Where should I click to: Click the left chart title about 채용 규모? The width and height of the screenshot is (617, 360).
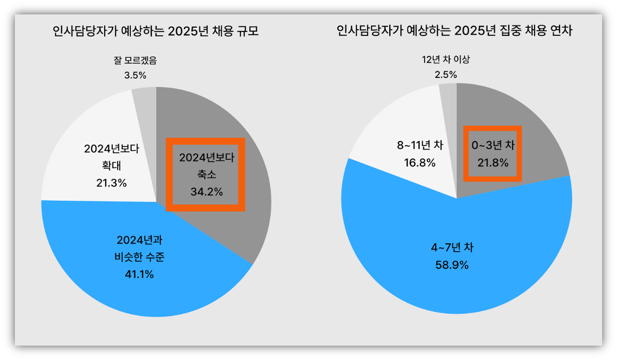[x=156, y=32]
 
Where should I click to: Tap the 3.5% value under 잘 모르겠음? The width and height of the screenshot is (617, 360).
[x=135, y=75]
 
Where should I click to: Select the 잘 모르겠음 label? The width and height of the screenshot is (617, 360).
[x=135, y=61]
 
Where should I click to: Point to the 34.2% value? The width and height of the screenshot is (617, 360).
[x=207, y=192]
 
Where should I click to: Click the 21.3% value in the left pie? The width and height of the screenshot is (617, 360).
[x=111, y=183]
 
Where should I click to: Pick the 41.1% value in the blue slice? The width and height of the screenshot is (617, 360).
[x=139, y=275]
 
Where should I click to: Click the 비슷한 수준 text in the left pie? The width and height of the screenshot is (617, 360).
[x=139, y=257]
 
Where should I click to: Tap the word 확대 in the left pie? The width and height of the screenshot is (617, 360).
[x=111, y=166]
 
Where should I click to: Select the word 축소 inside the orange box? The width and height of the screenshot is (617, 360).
[x=207, y=175]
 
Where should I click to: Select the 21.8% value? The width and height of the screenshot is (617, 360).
[x=493, y=163]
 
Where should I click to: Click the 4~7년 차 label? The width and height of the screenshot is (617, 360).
[x=452, y=248]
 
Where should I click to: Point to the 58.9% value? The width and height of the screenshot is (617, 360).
[x=452, y=265]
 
